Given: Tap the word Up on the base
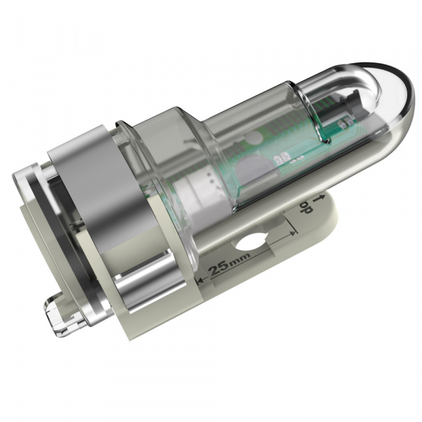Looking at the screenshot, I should (x=305, y=207).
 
